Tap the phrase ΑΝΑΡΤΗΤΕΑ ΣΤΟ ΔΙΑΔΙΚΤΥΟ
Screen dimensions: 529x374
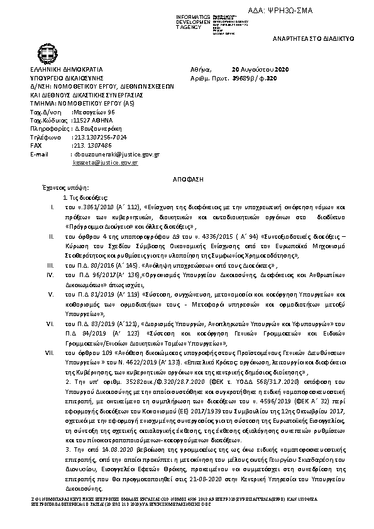pos(322,39)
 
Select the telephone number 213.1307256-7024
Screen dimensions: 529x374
pos(101,136)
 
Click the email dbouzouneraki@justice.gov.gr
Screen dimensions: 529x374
pos(117,154)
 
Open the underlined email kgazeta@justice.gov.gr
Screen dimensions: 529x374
pos(105,163)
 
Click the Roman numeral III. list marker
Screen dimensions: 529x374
pos(51,266)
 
